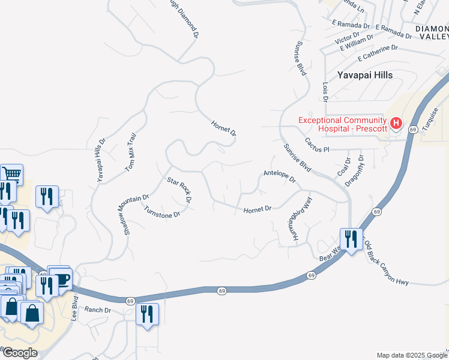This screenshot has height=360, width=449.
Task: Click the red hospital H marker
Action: (x=396, y=124)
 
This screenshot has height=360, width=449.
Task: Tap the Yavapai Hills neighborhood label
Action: (x=364, y=75)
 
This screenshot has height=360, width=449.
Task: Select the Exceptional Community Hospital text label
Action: (x=342, y=124)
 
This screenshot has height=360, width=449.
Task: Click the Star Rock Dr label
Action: (x=179, y=189)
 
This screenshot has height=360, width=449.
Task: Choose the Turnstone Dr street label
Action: (x=162, y=211)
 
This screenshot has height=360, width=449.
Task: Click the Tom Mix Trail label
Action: (x=131, y=154)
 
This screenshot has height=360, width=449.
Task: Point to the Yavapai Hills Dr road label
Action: (x=101, y=160)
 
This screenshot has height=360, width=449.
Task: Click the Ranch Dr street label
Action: (x=98, y=310)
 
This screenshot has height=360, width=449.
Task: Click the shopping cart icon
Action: (x=11, y=175)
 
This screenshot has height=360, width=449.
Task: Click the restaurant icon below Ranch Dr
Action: (x=147, y=313)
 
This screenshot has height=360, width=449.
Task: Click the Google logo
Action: (x=19, y=353)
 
